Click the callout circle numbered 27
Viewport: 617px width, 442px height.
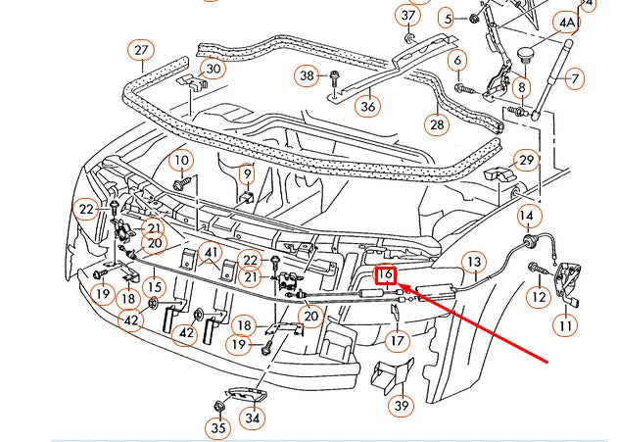pyautogui.click(x=141, y=50)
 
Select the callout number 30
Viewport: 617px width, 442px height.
pyautogui.click(x=213, y=70)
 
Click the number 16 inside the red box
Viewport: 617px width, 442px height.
pyautogui.click(x=386, y=276)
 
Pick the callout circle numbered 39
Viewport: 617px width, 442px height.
pyautogui.click(x=401, y=405)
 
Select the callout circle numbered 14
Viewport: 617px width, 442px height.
pyautogui.click(x=527, y=216)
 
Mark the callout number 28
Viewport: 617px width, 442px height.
pyautogui.click(x=436, y=124)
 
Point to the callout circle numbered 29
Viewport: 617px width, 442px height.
pyautogui.click(x=527, y=161)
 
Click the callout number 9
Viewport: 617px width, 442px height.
pyautogui.click(x=248, y=174)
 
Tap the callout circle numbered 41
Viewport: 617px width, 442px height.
pyautogui.click(x=212, y=252)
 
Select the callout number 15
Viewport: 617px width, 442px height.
pyautogui.click(x=153, y=286)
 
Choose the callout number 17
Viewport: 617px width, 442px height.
pyautogui.click(x=396, y=341)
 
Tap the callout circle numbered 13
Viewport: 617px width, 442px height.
pyautogui.click(x=473, y=262)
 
